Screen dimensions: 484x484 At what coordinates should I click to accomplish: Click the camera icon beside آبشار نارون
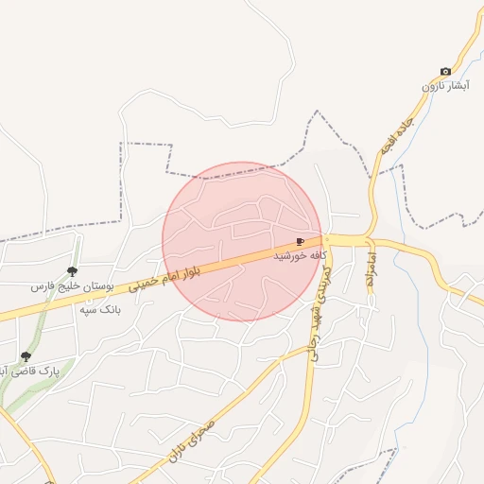[445, 72]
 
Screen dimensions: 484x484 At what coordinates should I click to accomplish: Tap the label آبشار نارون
[444, 87]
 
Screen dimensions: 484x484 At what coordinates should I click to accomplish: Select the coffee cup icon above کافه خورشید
[301, 242]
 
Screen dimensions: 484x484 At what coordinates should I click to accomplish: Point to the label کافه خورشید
[300, 255]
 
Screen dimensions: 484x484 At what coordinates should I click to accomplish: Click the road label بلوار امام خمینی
[171, 278]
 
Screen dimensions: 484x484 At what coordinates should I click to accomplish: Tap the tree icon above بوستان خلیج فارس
[73, 271]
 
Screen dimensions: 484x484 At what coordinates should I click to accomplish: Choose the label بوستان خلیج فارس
[73, 285]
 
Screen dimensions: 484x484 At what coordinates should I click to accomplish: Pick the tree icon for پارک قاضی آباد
[26, 357]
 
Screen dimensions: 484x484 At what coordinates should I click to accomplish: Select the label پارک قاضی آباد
[33, 372]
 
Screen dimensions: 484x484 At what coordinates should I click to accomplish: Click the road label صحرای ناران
[199, 438]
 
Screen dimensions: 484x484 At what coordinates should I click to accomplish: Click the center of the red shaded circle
[242, 241]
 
